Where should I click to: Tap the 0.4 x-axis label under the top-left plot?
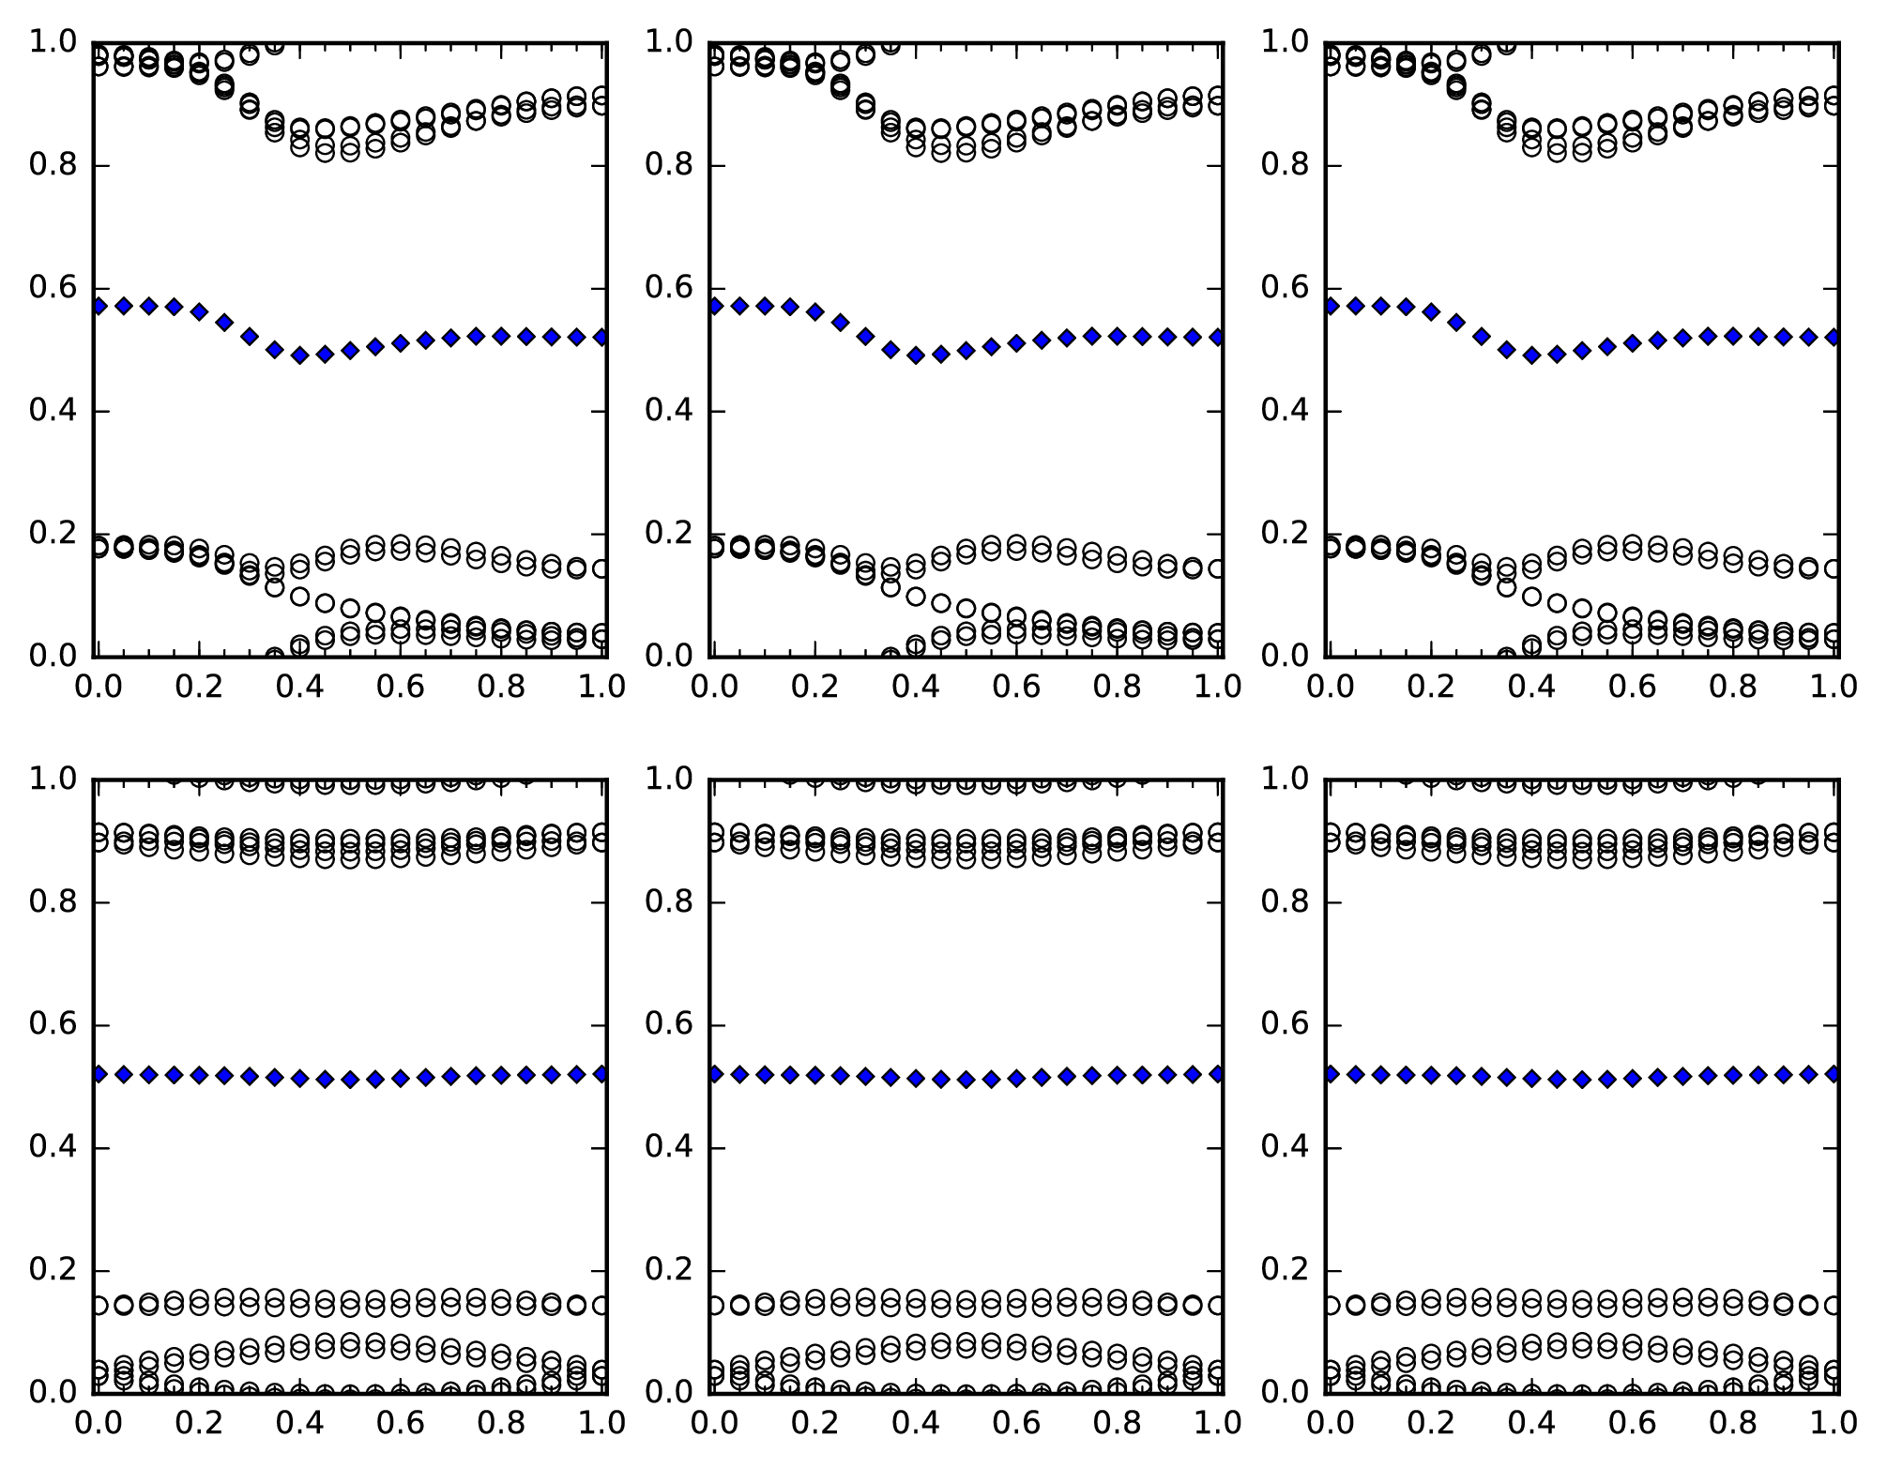299,686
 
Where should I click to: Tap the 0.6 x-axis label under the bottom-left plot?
401,1423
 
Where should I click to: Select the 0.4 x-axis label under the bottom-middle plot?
915,1423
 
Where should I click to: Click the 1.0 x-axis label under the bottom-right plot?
1834,1423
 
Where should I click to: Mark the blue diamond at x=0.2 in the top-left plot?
199,311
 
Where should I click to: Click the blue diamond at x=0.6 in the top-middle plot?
1016,343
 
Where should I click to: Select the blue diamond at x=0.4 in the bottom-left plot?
299,1079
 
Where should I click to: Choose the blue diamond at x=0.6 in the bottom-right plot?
1632,1079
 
